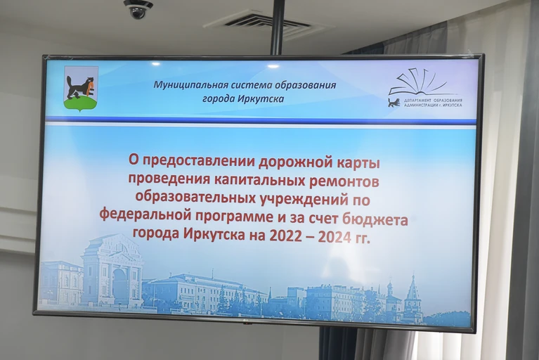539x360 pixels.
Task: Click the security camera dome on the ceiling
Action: click(138, 9)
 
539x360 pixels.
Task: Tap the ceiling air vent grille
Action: click(269, 25)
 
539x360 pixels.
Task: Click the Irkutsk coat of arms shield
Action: click(82, 89)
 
